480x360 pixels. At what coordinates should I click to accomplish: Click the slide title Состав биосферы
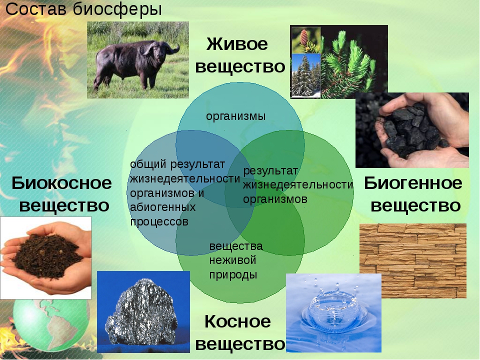click(83, 9)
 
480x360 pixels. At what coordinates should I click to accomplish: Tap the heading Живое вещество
click(240, 55)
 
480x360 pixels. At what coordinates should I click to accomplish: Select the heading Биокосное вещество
click(62, 194)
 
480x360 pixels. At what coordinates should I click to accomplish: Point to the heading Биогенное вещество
click(413, 194)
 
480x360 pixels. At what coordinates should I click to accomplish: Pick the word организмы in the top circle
click(235, 116)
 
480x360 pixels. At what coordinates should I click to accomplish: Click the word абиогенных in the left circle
click(163, 207)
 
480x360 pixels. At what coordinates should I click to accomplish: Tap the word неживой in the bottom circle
click(232, 260)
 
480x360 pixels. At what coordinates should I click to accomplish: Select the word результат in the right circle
click(270, 171)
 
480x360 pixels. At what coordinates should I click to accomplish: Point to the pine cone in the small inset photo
click(304, 38)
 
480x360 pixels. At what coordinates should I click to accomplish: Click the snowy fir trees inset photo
click(306, 75)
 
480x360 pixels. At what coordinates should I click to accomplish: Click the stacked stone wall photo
click(413, 261)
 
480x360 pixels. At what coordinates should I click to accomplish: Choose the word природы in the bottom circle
click(233, 275)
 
